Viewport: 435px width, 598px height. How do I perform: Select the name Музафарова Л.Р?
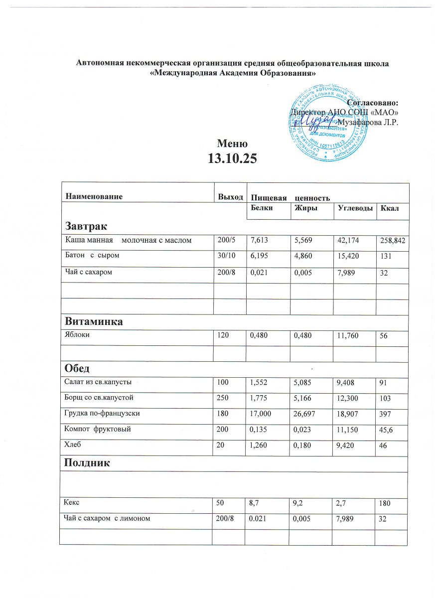[368, 122]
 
